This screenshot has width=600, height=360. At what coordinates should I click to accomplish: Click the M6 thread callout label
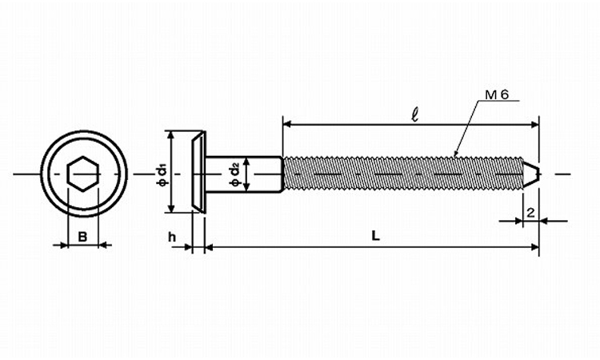tap(497, 95)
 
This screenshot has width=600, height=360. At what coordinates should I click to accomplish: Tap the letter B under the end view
tap(82, 237)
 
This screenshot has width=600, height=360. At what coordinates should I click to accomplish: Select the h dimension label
tap(172, 237)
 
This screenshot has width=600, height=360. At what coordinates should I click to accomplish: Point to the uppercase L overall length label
tap(376, 236)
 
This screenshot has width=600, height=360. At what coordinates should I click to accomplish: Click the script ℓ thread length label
tap(414, 114)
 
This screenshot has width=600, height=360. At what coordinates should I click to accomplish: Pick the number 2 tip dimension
tap(530, 213)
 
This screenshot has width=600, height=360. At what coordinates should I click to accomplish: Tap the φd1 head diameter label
tap(162, 175)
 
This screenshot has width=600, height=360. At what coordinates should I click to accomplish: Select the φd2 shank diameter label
tap(234, 174)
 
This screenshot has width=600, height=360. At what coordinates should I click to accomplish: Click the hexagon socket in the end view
tap(83, 174)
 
